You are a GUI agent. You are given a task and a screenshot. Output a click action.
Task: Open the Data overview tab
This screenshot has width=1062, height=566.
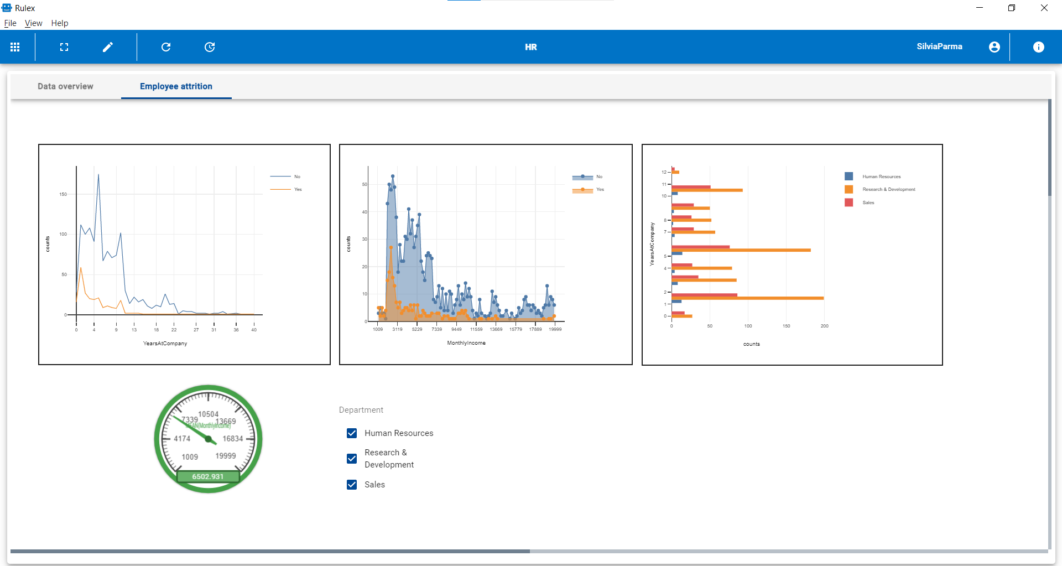tap(65, 86)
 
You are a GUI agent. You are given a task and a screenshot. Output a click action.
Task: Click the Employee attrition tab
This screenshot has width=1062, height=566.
tap(176, 86)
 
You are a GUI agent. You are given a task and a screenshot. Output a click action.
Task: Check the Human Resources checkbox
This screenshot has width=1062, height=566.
tap(352, 433)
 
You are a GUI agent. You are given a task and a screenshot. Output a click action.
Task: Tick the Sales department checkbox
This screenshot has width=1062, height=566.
tap(352, 485)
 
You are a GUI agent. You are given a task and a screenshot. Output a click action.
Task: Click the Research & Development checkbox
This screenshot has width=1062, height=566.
tap(352, 459)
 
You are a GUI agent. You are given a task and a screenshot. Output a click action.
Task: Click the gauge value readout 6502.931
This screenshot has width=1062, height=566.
tap(208, 476)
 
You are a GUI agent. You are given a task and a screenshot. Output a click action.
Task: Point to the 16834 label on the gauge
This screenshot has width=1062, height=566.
tap(233, 439)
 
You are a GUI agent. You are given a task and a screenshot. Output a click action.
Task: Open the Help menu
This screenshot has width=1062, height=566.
tap(60, 23)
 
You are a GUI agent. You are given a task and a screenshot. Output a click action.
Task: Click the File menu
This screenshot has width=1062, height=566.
tap(10, 23)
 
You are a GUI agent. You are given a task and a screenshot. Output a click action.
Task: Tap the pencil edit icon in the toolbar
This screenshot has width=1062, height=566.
tap(108, 47)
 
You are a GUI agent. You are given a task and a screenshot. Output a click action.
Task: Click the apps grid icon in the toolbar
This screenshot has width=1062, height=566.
tap(15, 47)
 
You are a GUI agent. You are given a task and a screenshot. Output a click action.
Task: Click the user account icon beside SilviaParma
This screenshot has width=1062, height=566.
tap(994, 47)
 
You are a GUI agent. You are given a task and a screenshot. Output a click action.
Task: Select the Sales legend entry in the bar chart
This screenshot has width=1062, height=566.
tap(868, 202)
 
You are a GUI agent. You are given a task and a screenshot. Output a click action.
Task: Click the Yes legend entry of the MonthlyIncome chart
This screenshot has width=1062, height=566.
tap(600, 190)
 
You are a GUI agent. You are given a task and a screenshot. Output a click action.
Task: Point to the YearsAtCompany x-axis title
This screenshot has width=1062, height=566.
tap(165, 344)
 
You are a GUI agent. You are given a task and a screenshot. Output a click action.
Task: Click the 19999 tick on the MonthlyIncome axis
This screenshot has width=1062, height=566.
tap(555, 329)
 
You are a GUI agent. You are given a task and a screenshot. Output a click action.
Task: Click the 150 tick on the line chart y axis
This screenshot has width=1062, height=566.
tap(63, 194)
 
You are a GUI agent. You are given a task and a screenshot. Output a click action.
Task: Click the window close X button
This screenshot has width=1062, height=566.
tap(1044, 8)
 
